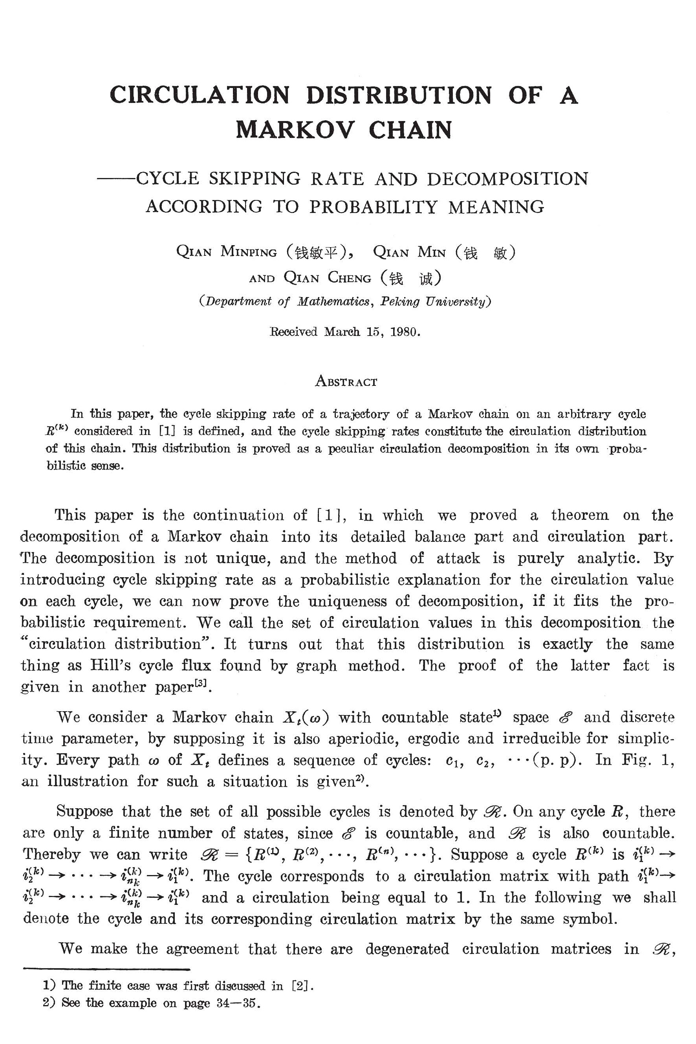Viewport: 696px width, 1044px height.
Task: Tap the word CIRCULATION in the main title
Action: point(199,95)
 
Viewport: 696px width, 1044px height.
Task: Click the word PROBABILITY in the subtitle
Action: point(373,207)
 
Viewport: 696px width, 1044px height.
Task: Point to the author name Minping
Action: point(249,252)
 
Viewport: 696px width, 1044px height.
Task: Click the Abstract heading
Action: point(346,382)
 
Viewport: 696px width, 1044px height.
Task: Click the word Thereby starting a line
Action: point(51,854)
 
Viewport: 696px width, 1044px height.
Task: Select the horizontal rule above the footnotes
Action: point(106,969)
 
